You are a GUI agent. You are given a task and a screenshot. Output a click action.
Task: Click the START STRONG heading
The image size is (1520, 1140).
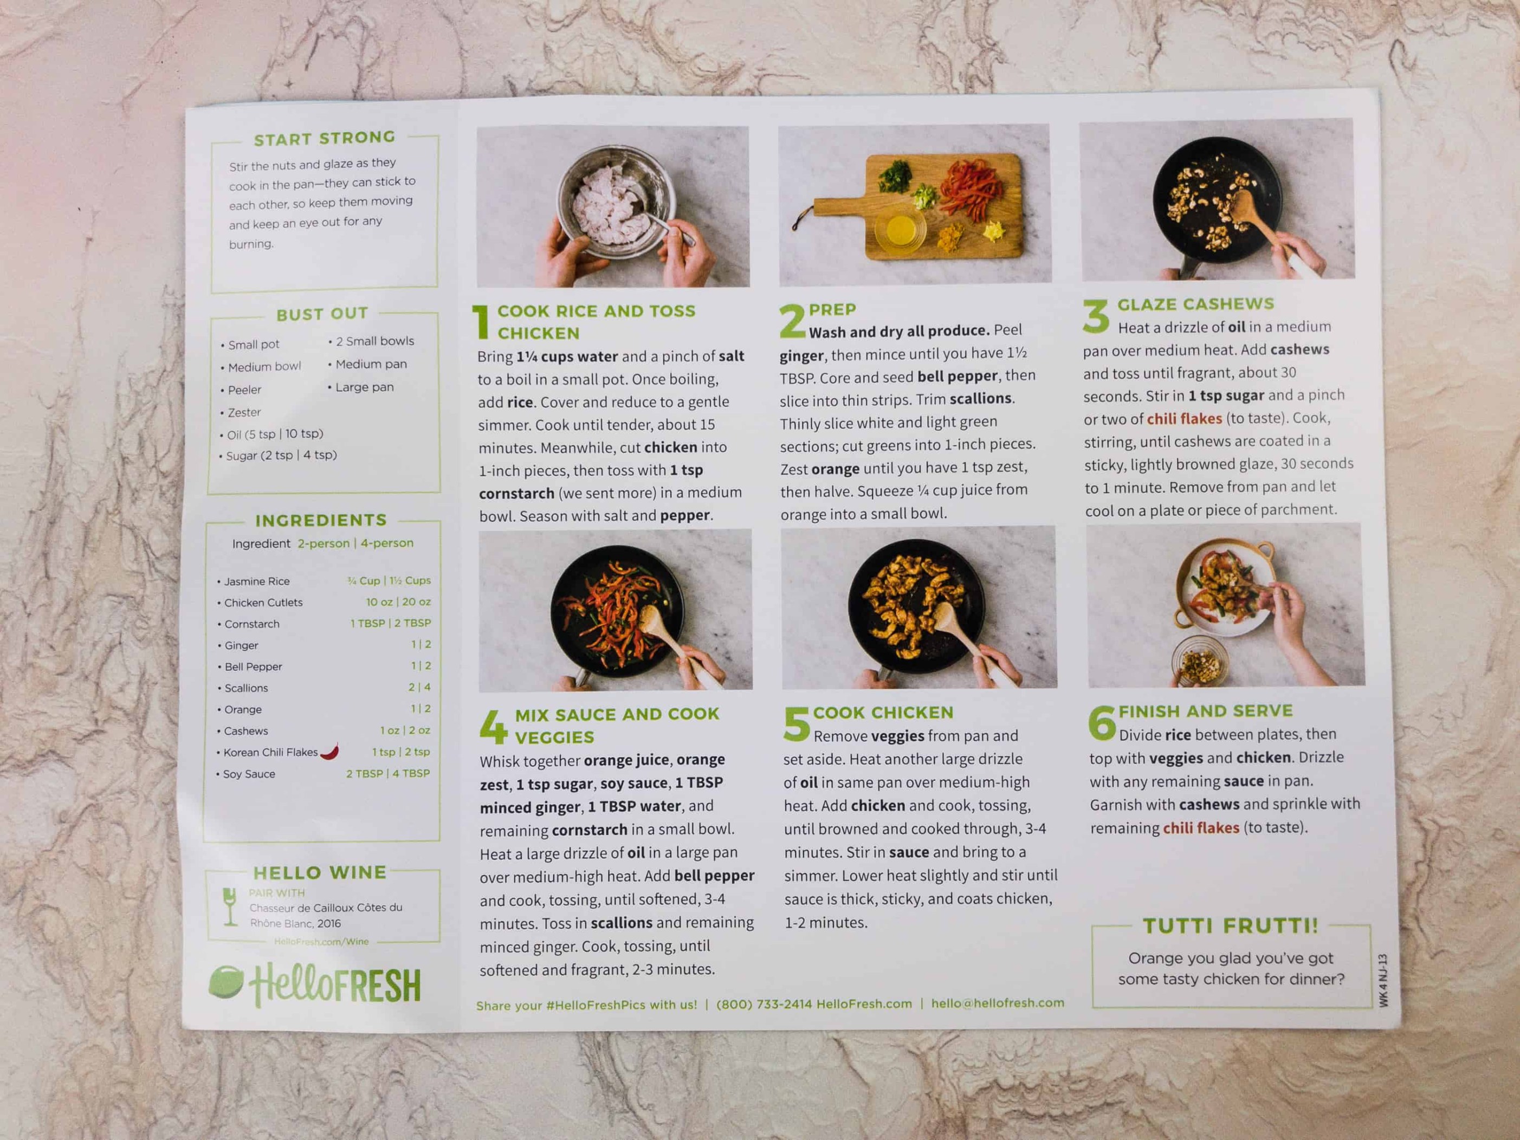click(325, 138)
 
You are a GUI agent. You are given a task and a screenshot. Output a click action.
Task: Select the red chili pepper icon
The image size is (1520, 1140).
click(331, 751)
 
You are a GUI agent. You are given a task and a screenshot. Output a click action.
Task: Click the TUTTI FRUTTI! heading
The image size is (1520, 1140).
click(1230, 925)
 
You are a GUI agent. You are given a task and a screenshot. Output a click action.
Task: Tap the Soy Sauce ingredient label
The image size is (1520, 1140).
click(249, 774)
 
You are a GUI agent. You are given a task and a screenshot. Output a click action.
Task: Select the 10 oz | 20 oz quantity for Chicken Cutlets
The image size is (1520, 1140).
click(398, 602)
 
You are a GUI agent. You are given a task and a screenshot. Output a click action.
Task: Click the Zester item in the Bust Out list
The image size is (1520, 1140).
click(244, 412)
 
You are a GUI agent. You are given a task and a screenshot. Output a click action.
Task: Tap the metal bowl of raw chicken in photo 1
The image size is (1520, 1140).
click(616, 206)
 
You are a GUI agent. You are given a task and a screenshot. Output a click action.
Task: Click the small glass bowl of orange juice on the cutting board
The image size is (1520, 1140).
click(899, 230)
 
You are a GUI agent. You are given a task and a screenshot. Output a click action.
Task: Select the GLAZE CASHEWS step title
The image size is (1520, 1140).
click(1195, 304)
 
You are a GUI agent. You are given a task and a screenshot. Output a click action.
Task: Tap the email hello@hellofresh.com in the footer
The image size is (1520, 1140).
click(997, 1003)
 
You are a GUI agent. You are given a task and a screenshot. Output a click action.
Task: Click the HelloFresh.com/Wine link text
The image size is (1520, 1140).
click(321, 941)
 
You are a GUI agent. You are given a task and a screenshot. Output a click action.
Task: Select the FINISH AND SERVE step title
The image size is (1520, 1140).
click(1205, 711)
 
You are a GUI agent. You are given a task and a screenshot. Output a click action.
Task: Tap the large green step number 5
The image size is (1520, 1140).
click(795, 724)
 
